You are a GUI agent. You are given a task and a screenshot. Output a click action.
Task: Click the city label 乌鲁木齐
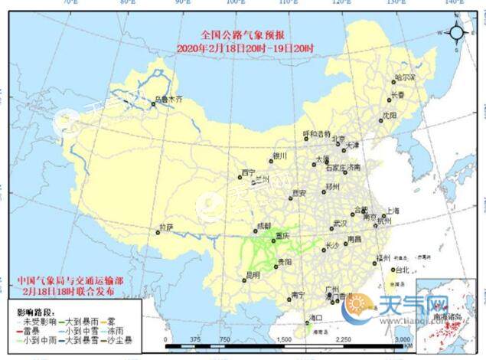169,99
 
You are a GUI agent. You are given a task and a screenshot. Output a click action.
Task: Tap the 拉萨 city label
167,227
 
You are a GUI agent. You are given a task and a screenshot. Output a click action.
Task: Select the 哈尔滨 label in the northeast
405,78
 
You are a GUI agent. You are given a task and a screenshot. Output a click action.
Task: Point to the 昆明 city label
253,273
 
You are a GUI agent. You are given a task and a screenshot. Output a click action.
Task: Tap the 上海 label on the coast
393,209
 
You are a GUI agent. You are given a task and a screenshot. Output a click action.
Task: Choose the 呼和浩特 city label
317,134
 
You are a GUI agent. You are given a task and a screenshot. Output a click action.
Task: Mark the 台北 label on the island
400,270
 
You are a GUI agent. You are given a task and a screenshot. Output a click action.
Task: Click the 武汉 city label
341,223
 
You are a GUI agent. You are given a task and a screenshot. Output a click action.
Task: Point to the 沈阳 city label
390,115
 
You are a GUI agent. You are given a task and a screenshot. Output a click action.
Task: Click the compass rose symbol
458,33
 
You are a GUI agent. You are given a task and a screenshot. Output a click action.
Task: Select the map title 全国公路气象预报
243,35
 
